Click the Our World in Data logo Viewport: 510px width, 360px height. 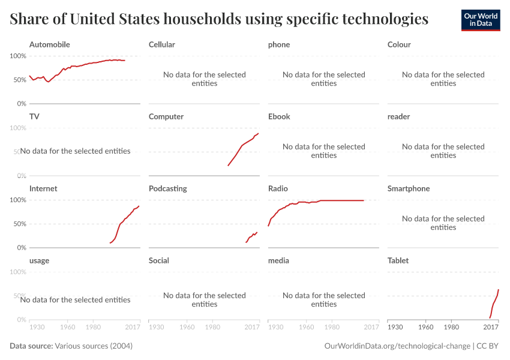(x=481, y=20)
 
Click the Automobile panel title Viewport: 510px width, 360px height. (x=49, y=44)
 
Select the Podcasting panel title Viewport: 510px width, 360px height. (x=168, y=188)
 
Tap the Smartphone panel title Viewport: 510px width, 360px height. (x=409, y=188)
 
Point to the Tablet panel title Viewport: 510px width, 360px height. (x=398, y=260)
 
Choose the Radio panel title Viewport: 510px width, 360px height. (x=278, y=188)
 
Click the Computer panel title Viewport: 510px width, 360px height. (x=166, y=117)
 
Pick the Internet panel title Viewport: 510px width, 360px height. (x=43, y=188)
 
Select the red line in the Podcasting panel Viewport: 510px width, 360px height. (x=251, y=237)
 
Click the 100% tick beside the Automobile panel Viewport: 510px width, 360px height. (x=18, y=56)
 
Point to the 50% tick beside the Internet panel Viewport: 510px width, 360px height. (x=20, y=224)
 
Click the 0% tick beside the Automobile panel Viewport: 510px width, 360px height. (x=22, y=104)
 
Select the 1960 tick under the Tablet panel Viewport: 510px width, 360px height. (x=426, y=327)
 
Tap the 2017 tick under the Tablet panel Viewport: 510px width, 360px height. (x=491, y=327)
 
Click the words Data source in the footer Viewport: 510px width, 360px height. (x=31, y=346)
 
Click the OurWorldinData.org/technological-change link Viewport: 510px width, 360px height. (x=397, y=346)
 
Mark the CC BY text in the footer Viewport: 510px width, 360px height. (x=487, y=346)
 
